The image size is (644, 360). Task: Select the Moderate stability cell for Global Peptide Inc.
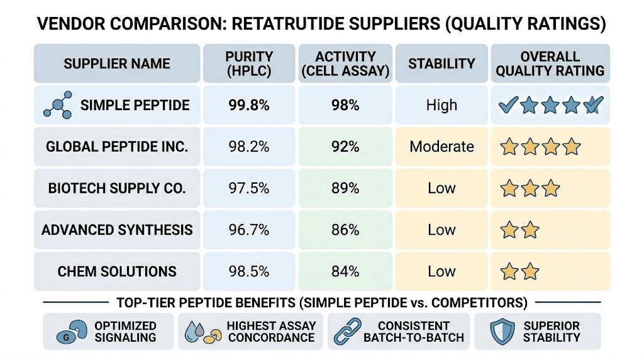441,147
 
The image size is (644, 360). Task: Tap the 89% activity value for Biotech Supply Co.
345,188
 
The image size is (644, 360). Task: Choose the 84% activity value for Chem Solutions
345,271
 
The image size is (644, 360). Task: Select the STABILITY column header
441,64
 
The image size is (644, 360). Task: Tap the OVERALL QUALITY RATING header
550,64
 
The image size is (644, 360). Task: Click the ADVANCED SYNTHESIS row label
118,230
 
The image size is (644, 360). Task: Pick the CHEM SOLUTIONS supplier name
117,271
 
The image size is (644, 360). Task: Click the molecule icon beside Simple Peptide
57,105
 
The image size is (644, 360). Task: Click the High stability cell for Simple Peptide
441,105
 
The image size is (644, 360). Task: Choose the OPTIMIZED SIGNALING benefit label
125,331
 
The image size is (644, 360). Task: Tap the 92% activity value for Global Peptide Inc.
345,147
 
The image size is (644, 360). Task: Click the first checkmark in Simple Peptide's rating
508,105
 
